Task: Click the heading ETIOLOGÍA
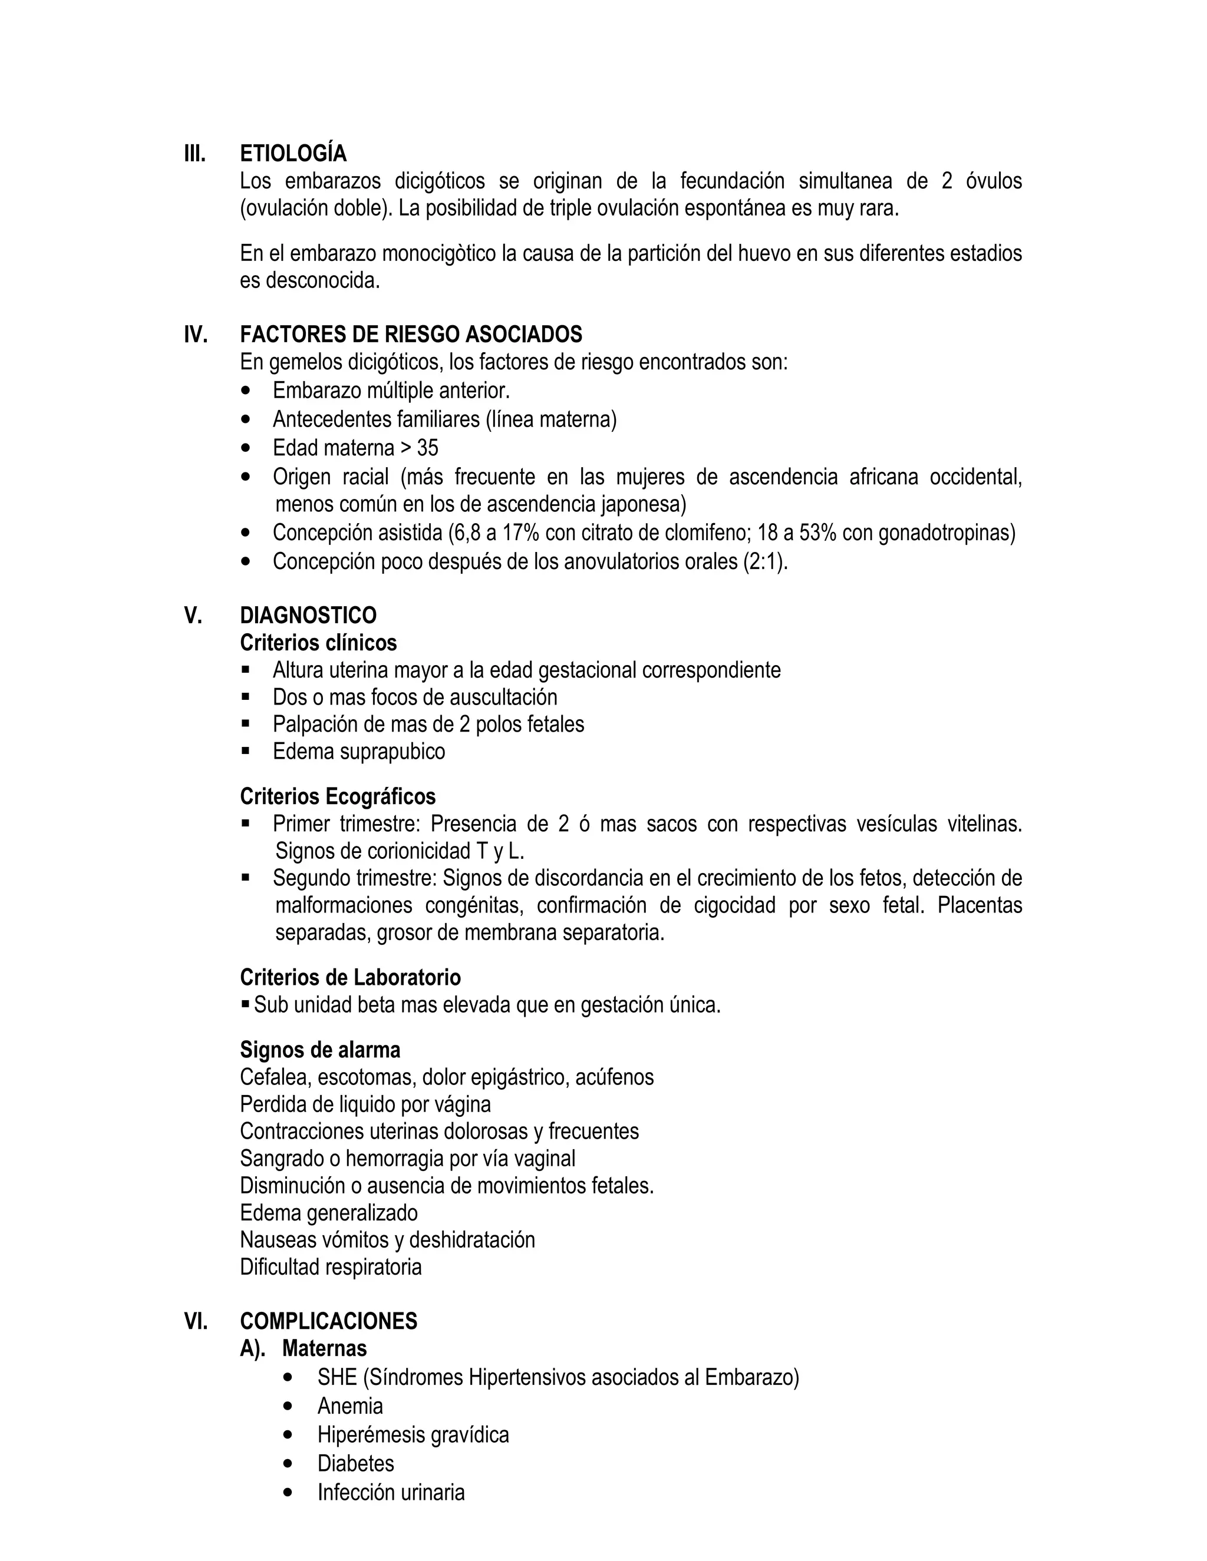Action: [293, 154]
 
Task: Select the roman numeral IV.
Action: [196, 335]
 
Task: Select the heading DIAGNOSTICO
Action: [308, 616]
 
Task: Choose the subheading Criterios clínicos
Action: [318, 643]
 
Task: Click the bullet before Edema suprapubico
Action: [246, 751]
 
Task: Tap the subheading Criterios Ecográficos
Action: [338, 796]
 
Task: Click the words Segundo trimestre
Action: [355, 878]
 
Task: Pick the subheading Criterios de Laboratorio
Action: [351, 977]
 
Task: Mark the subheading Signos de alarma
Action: [319, 1050]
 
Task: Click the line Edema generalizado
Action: [329, 1213]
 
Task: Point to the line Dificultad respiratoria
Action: [331, 1267]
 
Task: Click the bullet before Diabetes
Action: [288, 1464]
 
